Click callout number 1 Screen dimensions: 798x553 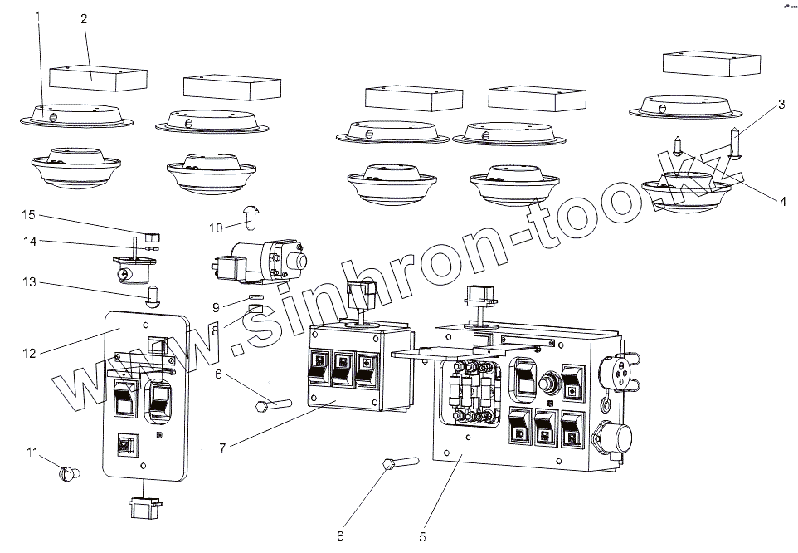(36, 16)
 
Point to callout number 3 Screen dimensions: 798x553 (780, 105)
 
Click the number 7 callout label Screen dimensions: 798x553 (221, 448)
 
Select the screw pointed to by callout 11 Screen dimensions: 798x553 (70, 474)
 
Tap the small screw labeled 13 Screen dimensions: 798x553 (152, 295)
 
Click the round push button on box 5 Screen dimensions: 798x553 (547, 385)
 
